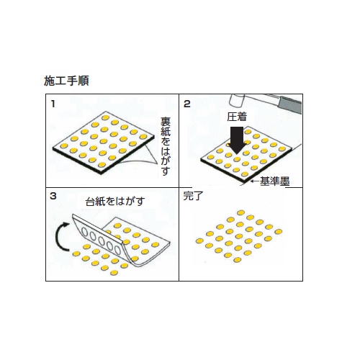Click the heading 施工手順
click(x=66, y=81)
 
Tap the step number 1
click(x=53, y=104)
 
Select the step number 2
click(x=187, y=104)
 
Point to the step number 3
click(x=53, y=196)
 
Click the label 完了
click(x=194, y=196)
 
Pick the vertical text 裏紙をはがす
click(x=166, y=146)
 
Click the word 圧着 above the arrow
click(x=237, y=117)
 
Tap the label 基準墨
click(x=275, y=181)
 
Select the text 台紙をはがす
click(x=115, y=201)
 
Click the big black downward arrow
click(x=237, y=140)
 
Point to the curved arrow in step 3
click(x=60, y=237)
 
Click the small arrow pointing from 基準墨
click(x=255, y=181)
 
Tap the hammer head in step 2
click(x=238, y=100)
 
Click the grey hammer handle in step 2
click(x=289, y=104)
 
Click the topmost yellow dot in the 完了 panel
click(x=240, y=212)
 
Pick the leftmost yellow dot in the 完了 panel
click(x=199, y=241)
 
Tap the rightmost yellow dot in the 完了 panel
click(x=279, y=232)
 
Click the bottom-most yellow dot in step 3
click(x=114, y=273)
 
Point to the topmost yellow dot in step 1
click(x=105, y=117)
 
